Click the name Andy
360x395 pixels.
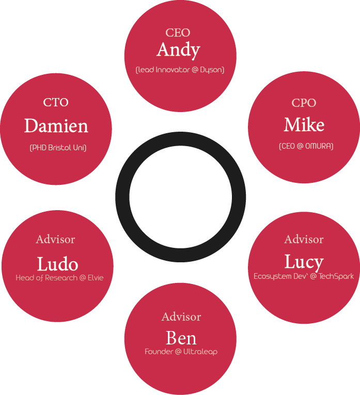click(178, 50)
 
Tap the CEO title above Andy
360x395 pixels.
click(178, 33)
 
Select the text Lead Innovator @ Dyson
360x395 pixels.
click(180, 70)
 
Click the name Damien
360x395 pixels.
click(56, 126)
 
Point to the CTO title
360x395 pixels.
click(56, 102)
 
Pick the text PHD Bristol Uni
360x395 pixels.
click(58, 148)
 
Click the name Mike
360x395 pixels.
click(304, 125)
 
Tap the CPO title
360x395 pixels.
click(304, 103)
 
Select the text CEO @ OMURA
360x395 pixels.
click(306, 146)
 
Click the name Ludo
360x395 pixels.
click(57, 264)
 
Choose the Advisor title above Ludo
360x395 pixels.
click(55, 239)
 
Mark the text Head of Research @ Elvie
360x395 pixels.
click(59, 278)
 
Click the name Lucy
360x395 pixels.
click(304, 262)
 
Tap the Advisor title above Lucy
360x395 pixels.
click(304, 239)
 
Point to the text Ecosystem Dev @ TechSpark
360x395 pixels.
click(304, 276)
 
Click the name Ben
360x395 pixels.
click(181, 338)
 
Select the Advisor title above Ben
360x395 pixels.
click(181, 317)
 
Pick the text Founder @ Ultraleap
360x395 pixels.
click(181, 352)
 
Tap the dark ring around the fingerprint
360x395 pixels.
click(122, 197)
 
